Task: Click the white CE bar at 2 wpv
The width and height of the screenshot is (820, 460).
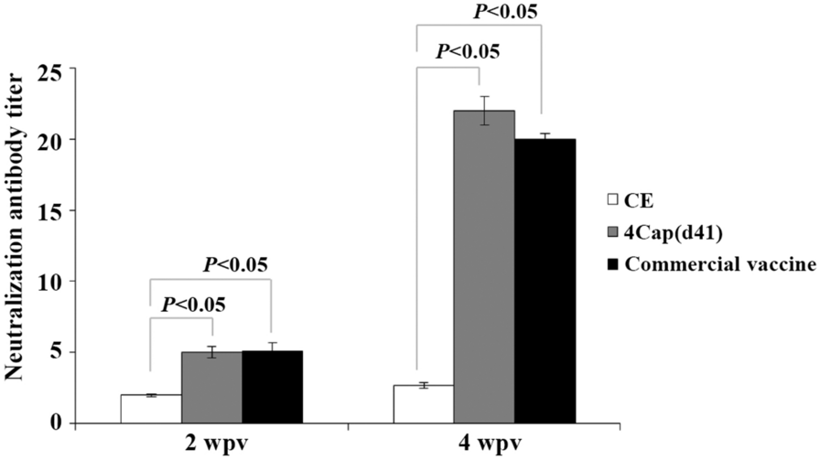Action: tap(151, 409)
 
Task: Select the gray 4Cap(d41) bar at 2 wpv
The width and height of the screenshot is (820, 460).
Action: tap(211, 388)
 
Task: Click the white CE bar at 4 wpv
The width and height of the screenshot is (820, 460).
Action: tap(424, 404)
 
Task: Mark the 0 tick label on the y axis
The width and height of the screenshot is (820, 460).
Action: tap(64, 423)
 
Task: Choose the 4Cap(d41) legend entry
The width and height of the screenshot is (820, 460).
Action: tap(666, 231)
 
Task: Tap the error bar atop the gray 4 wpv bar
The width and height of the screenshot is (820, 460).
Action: tap(484, 111)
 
